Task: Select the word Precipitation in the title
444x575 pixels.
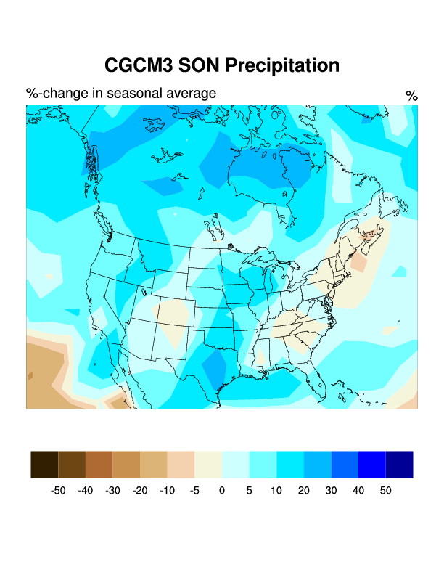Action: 282,66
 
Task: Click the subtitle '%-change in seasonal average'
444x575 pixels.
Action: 121,94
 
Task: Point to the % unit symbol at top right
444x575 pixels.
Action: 411,96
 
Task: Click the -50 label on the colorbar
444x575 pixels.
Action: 58,491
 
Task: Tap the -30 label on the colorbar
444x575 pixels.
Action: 112,491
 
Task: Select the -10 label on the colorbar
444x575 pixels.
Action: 167,491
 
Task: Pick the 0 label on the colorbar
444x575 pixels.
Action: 222,491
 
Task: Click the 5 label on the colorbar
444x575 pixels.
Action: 249,491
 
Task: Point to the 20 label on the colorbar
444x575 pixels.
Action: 303,491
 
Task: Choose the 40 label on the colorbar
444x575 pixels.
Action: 358,491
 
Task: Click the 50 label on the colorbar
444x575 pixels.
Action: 385,491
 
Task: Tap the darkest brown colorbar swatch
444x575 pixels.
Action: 44,465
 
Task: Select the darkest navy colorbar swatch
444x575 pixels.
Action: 399,465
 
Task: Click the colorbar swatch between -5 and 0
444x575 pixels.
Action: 208,465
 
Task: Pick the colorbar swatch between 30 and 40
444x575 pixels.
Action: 345,465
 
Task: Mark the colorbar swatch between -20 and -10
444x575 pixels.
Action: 153,465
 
